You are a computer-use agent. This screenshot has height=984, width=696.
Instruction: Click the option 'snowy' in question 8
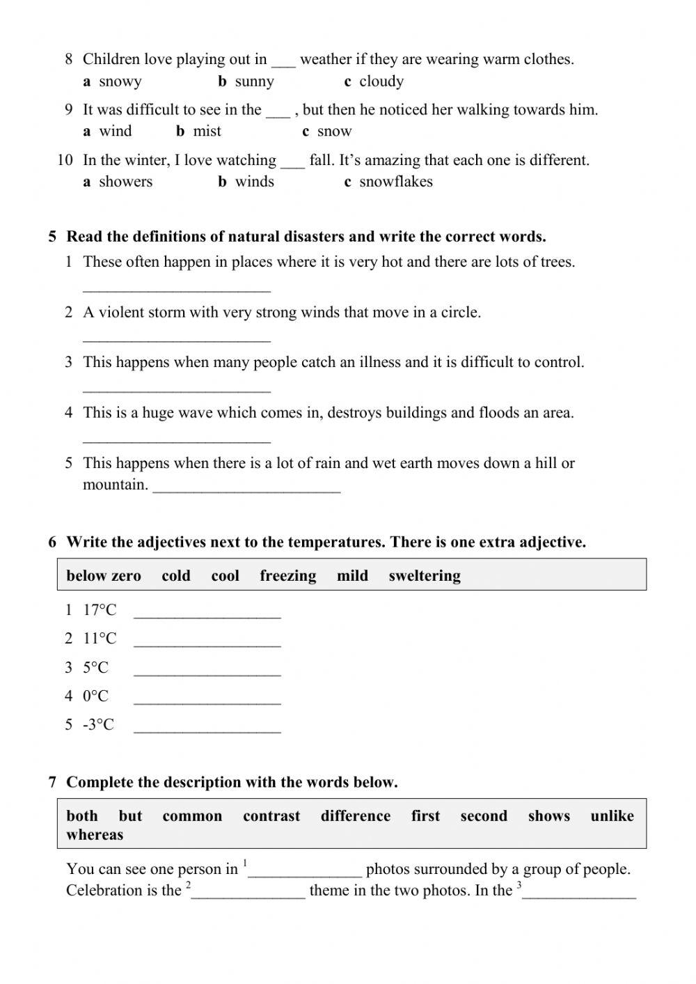[x=120, y=81]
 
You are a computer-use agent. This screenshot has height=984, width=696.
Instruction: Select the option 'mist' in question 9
[x=207, y=132]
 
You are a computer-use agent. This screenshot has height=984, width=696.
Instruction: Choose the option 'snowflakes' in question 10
[x=395, y=182]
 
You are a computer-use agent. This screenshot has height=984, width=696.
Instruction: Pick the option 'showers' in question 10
[x=125, y=182]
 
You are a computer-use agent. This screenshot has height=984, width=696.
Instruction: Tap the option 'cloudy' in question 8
[x=381, y=81]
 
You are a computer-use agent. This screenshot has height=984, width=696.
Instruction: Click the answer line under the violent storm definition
[x=176, y=337]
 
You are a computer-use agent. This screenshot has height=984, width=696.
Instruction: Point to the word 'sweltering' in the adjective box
[x=425, y=576]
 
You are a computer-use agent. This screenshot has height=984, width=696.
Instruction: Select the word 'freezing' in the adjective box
[x=287, y=576]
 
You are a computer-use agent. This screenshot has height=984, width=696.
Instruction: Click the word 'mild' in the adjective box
[x=352, y=576]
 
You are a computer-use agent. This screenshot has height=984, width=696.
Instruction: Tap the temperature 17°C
[x=100, y=611]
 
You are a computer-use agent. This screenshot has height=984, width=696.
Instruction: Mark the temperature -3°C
[x=98, y=725]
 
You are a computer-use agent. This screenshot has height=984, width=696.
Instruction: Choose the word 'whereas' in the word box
[x=95, y=835]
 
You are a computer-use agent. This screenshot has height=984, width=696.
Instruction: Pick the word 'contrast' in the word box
[x=271, y=816]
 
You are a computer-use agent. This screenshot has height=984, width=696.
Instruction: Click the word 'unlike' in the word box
[x=612, y=816]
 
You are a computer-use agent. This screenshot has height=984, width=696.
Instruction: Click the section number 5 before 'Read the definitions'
[x=52, y=237]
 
